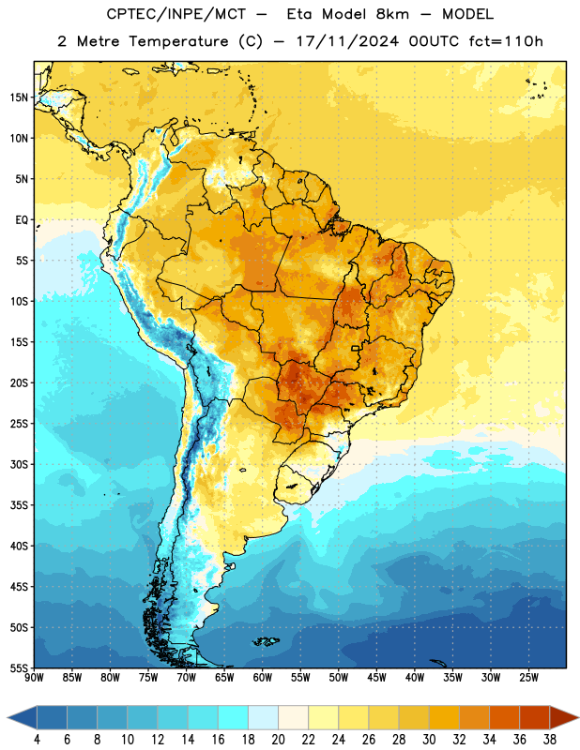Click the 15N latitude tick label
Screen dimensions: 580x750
point(19,97)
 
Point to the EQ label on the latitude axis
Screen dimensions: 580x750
point(22,220)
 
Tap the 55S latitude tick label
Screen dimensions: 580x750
point(19,667)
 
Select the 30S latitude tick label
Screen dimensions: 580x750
point(19,464)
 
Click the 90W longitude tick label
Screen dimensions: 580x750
point(34,677)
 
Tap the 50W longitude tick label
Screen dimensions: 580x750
point(339,677)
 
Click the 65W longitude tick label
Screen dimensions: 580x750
point(224,677)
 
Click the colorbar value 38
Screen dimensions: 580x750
point(549,740)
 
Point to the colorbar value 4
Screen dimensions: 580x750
point(37,740)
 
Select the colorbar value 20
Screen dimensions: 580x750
point(278,740)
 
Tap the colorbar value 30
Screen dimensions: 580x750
point(429,740)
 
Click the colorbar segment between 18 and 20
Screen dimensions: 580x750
point(263,717)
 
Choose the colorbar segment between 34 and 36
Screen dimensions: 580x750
point(504,717)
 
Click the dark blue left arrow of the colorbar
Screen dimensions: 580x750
point(23,717)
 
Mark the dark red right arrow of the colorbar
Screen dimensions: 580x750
point(564,717)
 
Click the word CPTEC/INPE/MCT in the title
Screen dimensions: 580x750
point(176,14)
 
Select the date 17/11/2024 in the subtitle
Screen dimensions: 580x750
point(347,41)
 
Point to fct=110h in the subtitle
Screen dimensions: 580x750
point(506,41)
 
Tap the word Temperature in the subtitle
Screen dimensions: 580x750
point(178,42)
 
